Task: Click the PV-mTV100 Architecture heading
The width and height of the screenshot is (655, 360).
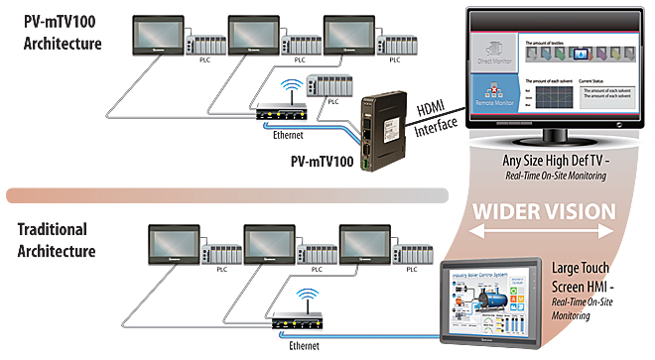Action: tap(61, 33)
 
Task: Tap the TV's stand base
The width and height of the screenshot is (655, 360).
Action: tap(561, 138)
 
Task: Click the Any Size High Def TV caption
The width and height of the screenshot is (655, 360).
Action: tap(561, 162)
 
